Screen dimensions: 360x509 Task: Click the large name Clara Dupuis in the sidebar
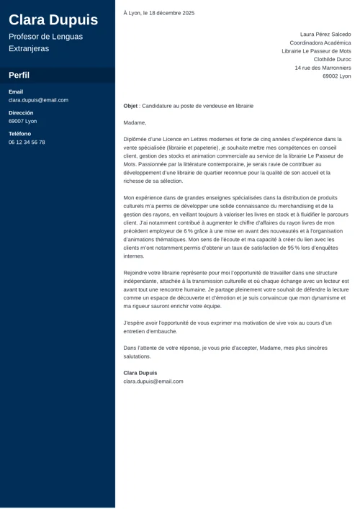[53, 19]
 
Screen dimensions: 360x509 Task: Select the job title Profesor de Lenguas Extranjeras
[45, 42]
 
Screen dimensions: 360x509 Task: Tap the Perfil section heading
[19, 76]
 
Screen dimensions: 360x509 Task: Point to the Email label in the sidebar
[16, 92]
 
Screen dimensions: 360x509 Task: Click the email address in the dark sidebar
[38, 100]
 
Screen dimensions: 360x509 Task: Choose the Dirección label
[21, 113]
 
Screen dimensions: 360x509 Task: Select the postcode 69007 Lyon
[22, 121]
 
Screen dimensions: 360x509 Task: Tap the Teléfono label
[19, 134]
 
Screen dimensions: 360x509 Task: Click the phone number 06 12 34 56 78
[27, 143]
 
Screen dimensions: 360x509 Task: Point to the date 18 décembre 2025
[171, 13]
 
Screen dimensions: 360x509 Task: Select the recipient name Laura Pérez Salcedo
[325, 34]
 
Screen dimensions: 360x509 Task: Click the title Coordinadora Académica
[320, 42]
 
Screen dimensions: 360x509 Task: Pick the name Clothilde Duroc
[332, 59]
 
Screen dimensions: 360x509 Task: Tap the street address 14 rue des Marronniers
[323, 68]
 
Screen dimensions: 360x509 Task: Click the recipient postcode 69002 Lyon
[336, 76]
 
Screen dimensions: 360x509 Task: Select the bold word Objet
[130, 106]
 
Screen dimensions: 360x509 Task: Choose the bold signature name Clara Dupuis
[140, 373]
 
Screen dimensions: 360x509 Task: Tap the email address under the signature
[153, 382]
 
